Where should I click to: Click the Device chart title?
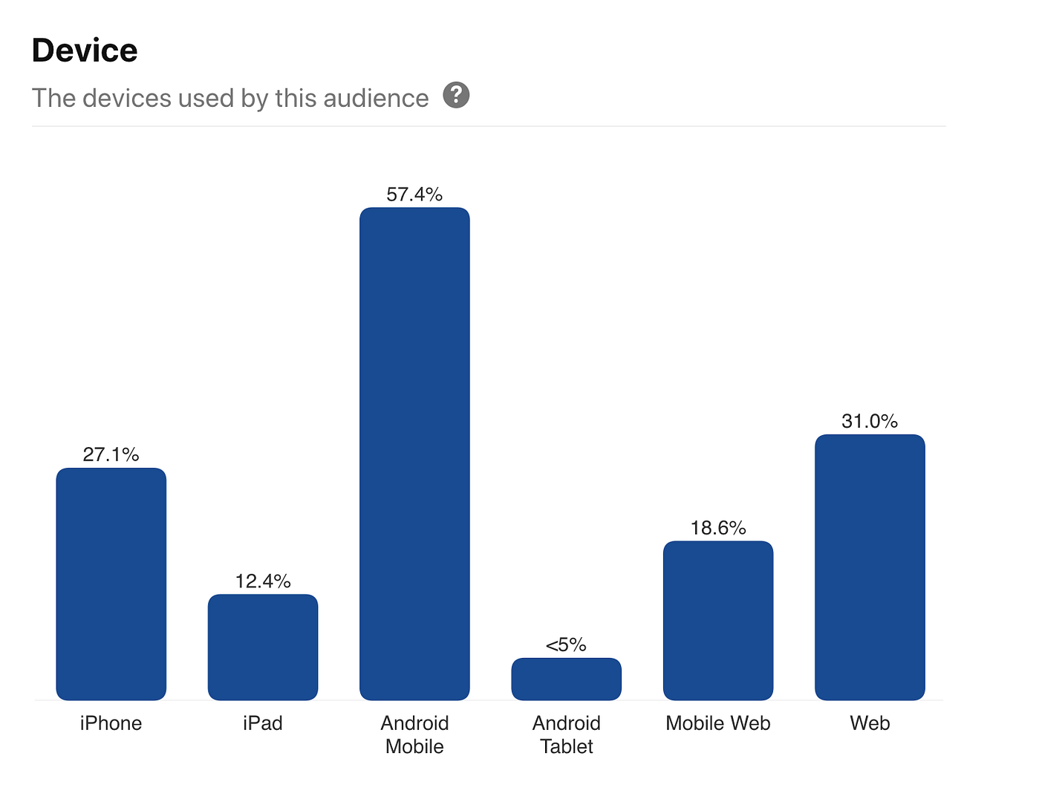85,50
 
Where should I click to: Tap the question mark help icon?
456,95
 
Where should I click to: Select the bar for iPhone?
111,584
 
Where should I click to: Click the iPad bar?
263,647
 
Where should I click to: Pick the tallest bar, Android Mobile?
414,453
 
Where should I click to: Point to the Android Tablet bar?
566,679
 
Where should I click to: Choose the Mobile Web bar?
718,620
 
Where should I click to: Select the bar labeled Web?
870,567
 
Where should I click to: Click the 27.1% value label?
111,454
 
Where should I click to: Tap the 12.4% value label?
263,581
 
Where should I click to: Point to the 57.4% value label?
414,195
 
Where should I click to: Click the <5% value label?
566,645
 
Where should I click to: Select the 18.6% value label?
718,528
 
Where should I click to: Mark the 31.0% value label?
870,421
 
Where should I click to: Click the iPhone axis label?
111,723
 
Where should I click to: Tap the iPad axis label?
263,723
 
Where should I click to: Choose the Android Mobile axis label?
414,734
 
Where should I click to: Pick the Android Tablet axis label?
566,734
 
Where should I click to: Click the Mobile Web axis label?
718,723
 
